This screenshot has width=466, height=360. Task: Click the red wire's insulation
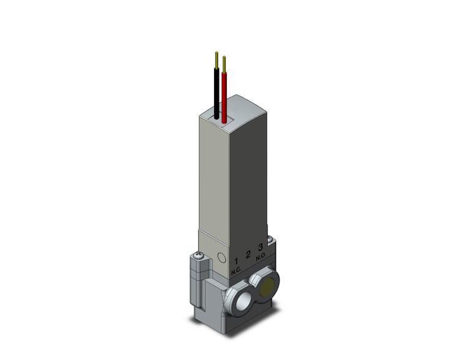coord(224,95)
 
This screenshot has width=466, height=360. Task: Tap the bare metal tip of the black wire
coord(216,59)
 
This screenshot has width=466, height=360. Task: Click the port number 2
coord(248,255)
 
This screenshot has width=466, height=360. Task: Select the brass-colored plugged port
coord(268,287)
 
